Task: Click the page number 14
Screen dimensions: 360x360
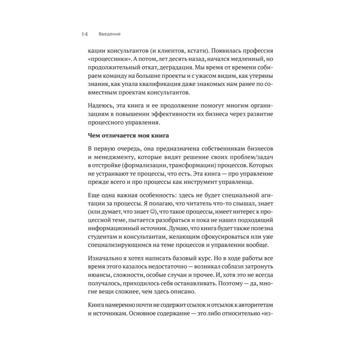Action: [x=84, y=34]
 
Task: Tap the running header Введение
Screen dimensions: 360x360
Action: [x=109, y=34]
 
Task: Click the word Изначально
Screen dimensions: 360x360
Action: [x=103, y=259]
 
